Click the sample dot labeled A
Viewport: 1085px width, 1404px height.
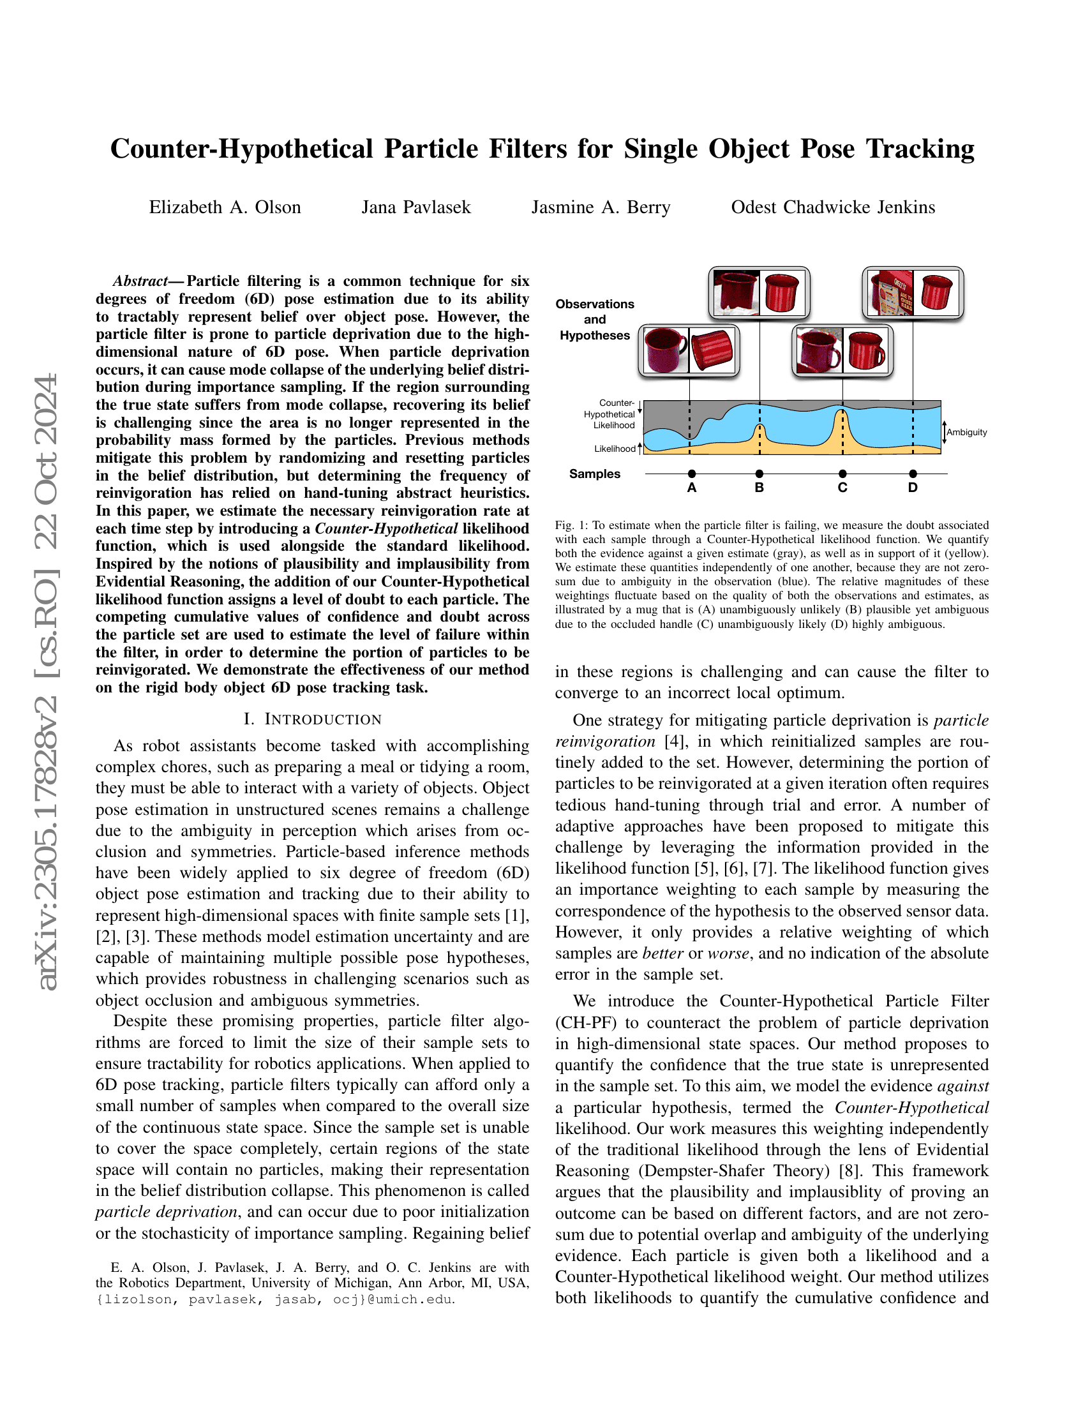tap(692, 474)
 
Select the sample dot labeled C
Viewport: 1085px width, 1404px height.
tap(842, 474)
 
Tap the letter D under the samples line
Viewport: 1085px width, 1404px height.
tap(913, 488)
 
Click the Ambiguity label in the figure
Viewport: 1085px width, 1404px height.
tap(967, 433)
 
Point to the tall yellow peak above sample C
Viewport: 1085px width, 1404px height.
tap(842, 428)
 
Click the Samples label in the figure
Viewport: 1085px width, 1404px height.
tap(595, 474)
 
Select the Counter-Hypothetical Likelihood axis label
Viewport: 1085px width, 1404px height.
tap(610, 415)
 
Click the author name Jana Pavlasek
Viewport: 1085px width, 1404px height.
tap(416, 207)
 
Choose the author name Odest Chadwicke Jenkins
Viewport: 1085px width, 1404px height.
tap(833, 207)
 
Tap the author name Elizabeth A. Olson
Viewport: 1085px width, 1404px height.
tap(225, 207)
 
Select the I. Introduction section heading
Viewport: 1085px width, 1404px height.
tap(313, 719)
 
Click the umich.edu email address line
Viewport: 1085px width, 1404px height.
tap(275, 1299)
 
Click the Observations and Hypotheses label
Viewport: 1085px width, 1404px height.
tap(595, 320)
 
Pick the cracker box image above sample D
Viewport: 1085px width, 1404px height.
tap(890, 292)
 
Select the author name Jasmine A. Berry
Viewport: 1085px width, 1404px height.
tap(601, 207)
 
